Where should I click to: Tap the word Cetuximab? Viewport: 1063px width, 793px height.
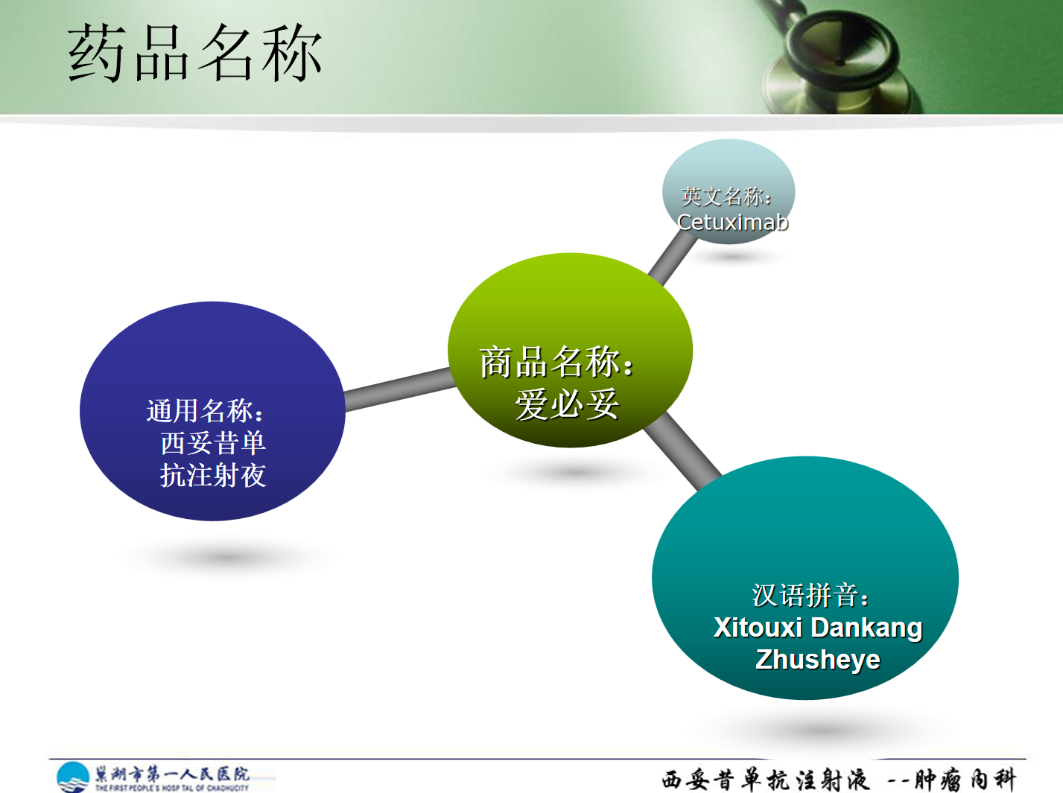coord(733,222)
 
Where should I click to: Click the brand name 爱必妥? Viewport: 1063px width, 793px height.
coord(567,404)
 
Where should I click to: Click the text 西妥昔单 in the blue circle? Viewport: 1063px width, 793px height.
coord(213,442)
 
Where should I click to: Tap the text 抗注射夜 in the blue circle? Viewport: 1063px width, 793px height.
coord(213,475)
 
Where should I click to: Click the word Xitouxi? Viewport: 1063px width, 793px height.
coord(758,628)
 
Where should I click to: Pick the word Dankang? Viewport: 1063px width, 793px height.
coord(866,628)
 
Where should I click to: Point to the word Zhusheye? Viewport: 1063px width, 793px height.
coord(818,660)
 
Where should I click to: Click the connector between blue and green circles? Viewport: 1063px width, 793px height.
coord(399,389)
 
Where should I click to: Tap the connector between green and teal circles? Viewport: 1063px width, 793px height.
coord(683,451)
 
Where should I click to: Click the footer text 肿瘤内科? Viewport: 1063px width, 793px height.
coord(965,780)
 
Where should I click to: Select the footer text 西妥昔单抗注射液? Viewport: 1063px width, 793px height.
coord(765,780)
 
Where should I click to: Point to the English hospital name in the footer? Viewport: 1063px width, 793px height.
coord(172,788)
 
